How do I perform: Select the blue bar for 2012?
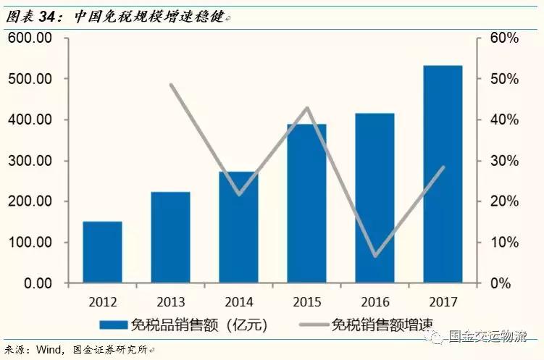(102, 252)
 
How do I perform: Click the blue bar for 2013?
(171, 237)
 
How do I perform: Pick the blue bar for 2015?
(306, 203)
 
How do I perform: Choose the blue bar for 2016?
(374, 198)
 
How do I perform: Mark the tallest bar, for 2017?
(443, 174)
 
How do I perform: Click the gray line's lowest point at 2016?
(375, 256)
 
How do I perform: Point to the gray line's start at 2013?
(171, 85)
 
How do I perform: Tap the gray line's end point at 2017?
(443, 167)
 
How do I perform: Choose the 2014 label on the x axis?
(238, 301)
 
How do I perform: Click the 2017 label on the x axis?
(443, 301)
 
